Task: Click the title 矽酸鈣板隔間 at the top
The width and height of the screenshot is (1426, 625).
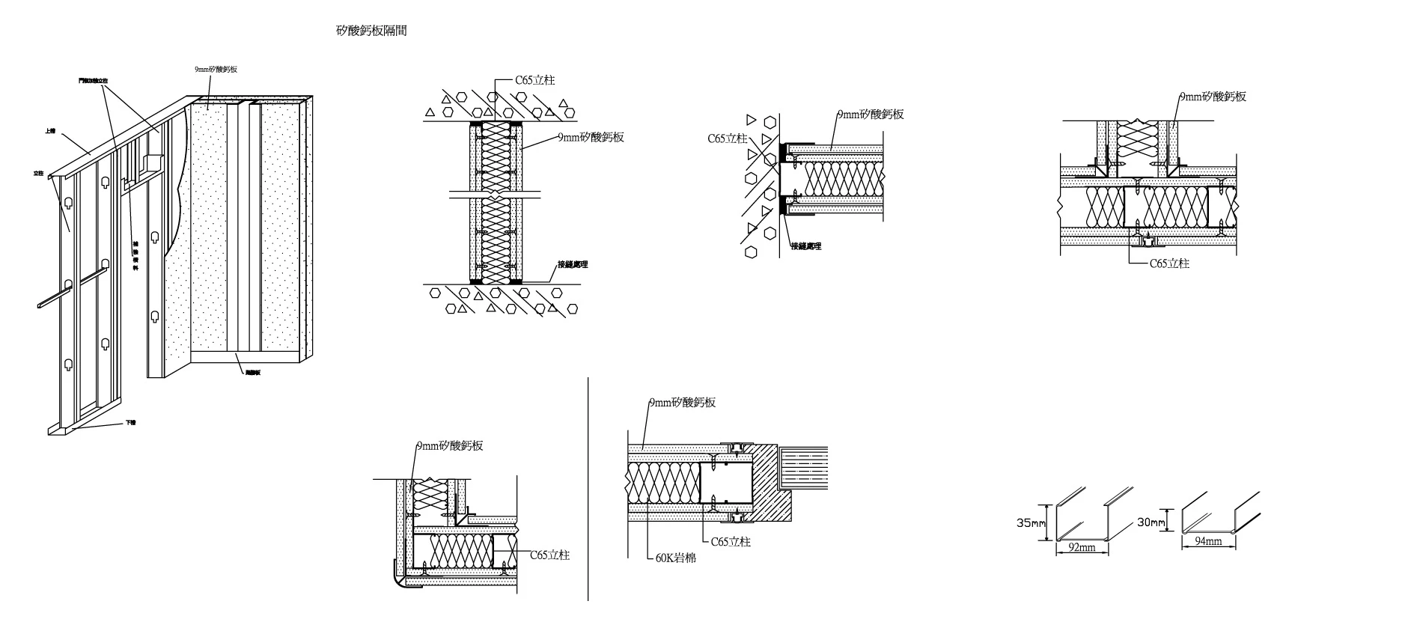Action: coord(371,31)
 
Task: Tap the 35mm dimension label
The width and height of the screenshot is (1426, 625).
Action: coord(1031,523)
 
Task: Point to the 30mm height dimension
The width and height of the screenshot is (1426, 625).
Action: coord(1151,522)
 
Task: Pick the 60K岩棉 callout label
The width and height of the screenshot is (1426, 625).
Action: coord(675,558)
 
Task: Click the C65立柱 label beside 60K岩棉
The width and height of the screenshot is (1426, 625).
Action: coord(731,541)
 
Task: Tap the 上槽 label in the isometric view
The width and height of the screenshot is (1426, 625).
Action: coord(50,131)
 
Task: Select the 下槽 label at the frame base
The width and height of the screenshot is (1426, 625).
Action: coord(130,423)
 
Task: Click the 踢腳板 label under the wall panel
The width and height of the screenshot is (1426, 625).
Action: coord(252,372)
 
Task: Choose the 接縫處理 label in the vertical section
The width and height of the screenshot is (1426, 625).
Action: coord(573,264)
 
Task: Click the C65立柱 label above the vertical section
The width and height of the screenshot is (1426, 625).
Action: coord(534,80)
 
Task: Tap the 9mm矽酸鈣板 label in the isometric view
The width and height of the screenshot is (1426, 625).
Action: coord(216,69)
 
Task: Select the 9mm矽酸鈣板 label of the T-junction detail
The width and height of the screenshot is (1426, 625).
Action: coord(1213,97)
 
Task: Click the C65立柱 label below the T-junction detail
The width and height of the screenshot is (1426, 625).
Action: coord(1169,263)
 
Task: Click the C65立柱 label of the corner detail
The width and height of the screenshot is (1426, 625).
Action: coord(549,555)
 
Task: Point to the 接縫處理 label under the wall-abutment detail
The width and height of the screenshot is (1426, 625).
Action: coord(806,246)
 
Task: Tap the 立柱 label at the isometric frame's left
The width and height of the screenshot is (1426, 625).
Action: coord(38,174)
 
